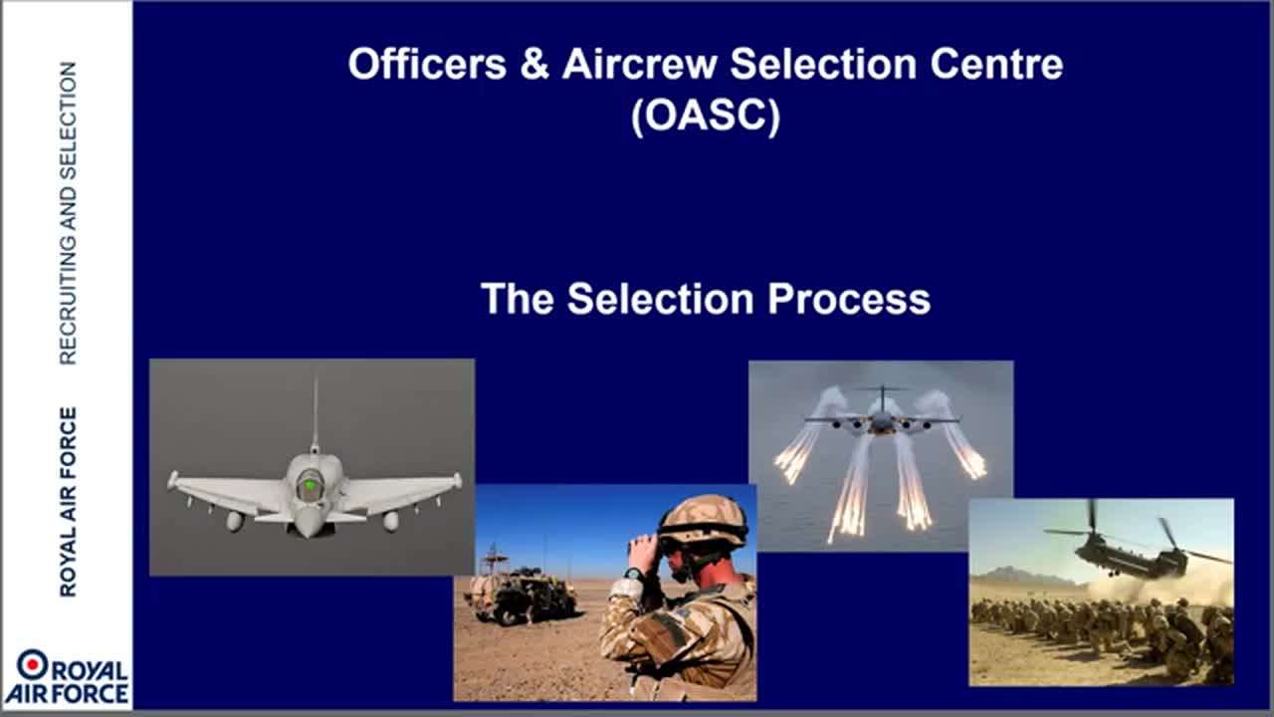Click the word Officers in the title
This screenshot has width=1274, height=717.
click(x=427, y=64)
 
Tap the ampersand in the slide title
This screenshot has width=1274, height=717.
click(x=534, y=64)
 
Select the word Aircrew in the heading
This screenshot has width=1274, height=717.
click(x=640, y=64)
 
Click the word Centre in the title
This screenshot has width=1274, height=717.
click(x=996, y=64)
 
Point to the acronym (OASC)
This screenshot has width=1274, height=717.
click(x=706, y=116)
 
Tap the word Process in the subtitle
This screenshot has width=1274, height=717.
click(x=849, y=299)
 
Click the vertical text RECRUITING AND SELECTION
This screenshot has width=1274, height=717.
click(x=68, y=213)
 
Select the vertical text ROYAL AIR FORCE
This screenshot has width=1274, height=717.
click(x=68, y=502)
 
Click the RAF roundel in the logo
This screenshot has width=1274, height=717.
click(x=33, y=664)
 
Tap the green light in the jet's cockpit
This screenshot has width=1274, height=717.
click(x=310, y=485)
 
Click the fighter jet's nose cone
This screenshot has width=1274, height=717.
click(x=308, y=523)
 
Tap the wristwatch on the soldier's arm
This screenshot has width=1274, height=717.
click(x=634, y=574)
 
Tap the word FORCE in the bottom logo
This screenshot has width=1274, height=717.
click(x=89, y=693)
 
